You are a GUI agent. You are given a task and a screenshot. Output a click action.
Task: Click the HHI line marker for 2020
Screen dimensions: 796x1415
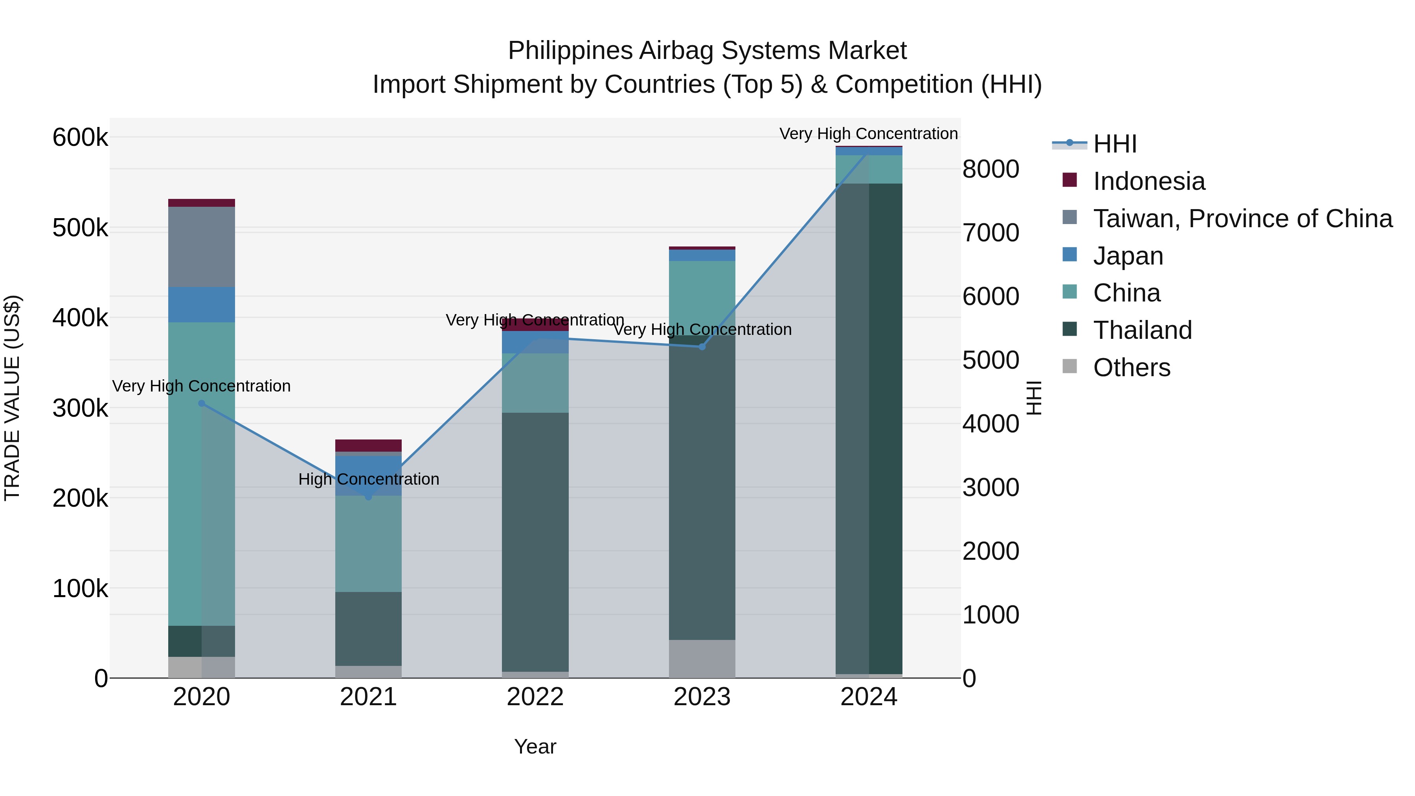[202, 403]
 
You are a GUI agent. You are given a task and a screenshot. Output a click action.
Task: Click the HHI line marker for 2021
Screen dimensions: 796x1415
[369, 496]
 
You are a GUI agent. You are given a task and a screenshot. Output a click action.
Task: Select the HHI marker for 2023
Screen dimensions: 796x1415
[702, 347]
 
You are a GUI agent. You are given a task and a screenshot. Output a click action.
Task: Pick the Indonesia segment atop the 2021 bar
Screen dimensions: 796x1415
[369, 445]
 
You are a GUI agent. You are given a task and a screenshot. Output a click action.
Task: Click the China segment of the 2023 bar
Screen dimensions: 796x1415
[702, 297]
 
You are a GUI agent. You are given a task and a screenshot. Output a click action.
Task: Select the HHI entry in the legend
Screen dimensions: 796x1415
[1115, 144]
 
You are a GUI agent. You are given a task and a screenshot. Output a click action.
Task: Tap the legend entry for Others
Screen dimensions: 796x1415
[1132, 368]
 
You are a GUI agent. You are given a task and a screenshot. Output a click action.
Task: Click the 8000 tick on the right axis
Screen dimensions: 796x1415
[990, 169]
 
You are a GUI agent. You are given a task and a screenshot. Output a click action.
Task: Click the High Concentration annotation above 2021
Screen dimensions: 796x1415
[369, 479]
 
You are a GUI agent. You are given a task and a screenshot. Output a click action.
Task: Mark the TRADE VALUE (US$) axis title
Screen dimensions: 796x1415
[12, 398]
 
